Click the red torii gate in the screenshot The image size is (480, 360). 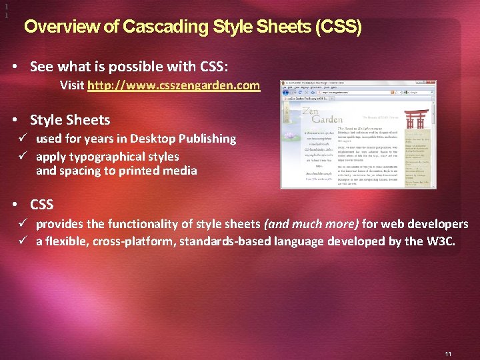pos(418,119)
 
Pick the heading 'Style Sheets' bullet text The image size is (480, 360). pos(70,120)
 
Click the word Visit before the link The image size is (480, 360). pos(72,86)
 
